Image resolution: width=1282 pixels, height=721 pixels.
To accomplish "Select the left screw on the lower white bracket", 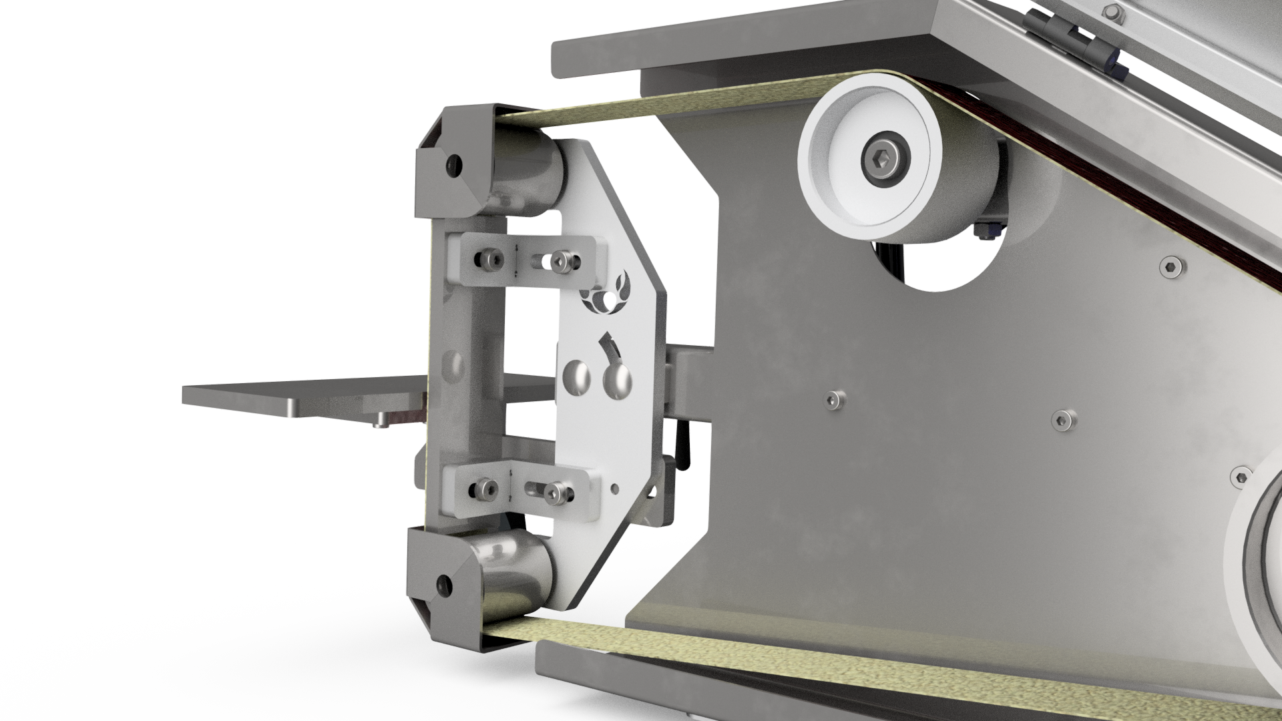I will (482, 490).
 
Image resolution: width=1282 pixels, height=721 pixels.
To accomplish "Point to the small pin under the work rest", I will (381, 421).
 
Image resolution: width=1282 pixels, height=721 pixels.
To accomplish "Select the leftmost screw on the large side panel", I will (831, 399).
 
